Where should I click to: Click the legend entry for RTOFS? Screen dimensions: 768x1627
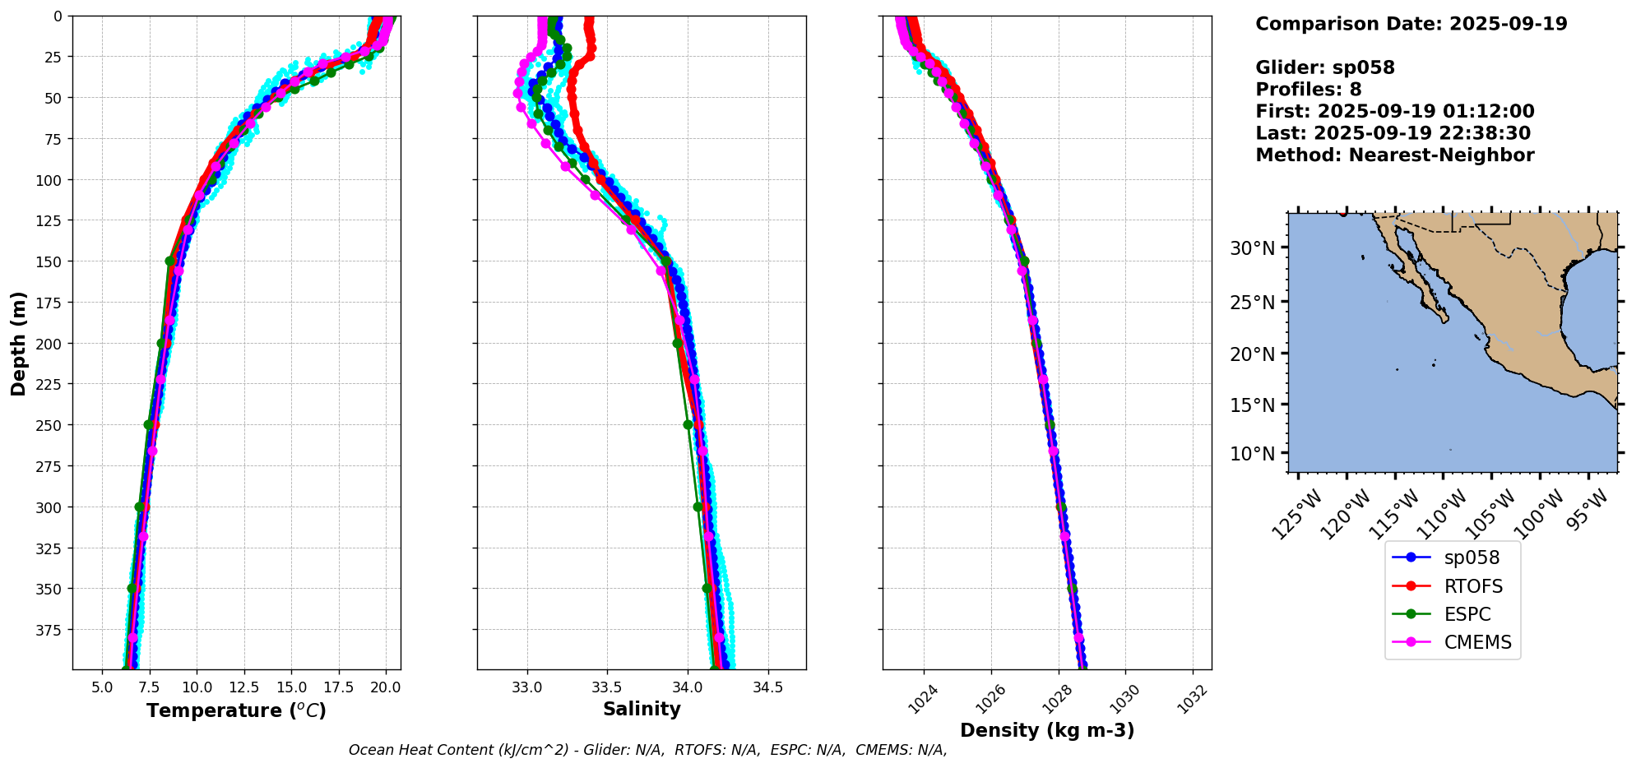click(x=1472, y=586)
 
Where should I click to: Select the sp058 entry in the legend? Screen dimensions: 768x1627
click(x=1472, y=557)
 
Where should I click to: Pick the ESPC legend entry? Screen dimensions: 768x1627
click(x=1467, y=614)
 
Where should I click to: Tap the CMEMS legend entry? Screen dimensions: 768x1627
click(x=1477, y=642)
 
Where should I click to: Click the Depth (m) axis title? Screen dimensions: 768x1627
click(x=18, y=343)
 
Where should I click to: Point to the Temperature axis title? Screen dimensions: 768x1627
click(x=236, y=710)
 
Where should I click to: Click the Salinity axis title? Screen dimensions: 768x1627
click(x=642, y=710)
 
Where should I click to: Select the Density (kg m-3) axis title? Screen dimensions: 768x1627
click(x=1047, y=730)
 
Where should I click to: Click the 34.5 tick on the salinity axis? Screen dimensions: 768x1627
click(x=767, y=687)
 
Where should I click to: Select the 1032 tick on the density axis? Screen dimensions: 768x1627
click(x=1193, y=699)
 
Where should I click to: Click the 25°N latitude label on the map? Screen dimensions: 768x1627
click(x=1252, y=303)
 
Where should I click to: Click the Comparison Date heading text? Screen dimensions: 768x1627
click(x=1411, y=24)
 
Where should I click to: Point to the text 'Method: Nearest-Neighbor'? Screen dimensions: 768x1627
click(x=1394, y=155)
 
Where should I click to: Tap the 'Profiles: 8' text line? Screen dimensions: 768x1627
click(x=1308, y=90)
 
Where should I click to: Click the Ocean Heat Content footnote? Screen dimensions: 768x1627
click(x=647, y=750)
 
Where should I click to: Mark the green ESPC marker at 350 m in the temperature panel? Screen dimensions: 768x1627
click(x=132, y=589)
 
